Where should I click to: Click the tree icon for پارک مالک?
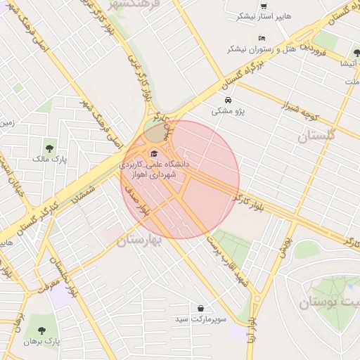point(50,147)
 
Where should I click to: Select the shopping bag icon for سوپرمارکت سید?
point(201,308)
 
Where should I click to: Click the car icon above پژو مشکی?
point(227,100)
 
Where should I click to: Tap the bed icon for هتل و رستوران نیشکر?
point(262,38)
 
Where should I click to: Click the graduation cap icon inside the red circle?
point(154,153)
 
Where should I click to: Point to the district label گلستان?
point(317,135)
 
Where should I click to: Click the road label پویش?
point(284,243)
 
